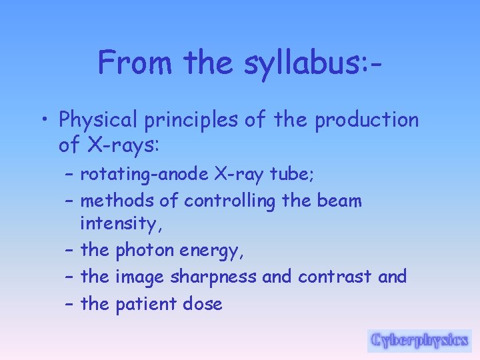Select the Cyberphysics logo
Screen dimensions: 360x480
(x=419, y=340)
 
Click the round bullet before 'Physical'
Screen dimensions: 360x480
(x=45, y=121)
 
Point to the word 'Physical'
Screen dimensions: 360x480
(x=95, y=121)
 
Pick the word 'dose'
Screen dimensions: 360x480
(x=203, y=304)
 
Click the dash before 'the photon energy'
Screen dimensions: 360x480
(x=70, y=251)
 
